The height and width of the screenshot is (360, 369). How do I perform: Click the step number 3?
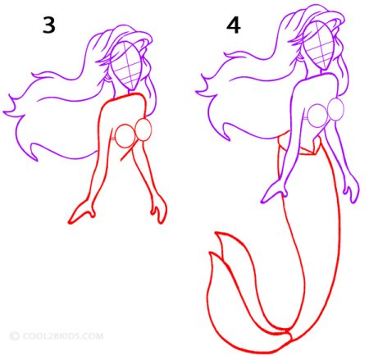click(49, 25)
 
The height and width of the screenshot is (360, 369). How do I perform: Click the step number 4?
click(234, 25)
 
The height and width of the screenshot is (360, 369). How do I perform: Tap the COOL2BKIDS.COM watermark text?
click(63, 335)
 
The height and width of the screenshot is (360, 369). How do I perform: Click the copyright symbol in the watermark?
click(14, 336)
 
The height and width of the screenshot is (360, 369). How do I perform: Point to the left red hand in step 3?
click(81, 213)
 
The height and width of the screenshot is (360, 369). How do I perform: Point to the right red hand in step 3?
click(160, 212)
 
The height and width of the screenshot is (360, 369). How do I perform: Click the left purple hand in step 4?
click(275, 192)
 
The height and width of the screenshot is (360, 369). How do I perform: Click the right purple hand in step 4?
click(353, 191)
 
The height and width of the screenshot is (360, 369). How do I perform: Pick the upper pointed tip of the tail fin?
click(216, 233)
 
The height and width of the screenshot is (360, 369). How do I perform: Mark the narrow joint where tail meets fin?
click(289, 333)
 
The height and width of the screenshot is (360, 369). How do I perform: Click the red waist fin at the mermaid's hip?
click(299, 144)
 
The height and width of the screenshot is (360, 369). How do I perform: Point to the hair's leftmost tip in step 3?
click(3, 112)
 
